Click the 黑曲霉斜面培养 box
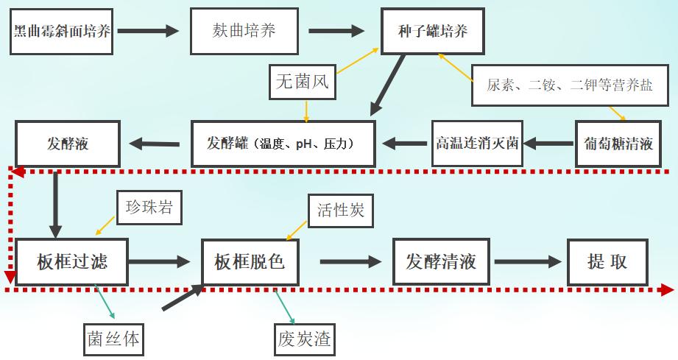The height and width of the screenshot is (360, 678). (63, 31)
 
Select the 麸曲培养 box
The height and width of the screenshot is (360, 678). (244, 31)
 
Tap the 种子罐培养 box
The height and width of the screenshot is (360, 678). (434, 31)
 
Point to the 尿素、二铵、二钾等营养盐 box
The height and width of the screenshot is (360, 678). (569, 85)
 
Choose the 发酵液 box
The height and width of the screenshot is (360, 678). (67, 143)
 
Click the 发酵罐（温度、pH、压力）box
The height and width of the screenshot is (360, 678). (283, 143)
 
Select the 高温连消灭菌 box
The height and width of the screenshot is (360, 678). (476, 143)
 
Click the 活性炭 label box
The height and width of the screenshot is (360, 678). (340, 211)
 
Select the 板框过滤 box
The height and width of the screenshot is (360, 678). (71, 261)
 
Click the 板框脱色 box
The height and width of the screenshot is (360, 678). (250, 261)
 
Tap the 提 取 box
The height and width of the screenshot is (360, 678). (607, 261)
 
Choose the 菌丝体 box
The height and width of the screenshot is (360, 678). (112, 339)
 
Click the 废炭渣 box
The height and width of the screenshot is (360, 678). (303, 339)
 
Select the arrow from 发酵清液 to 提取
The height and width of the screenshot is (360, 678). (528, 261)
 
